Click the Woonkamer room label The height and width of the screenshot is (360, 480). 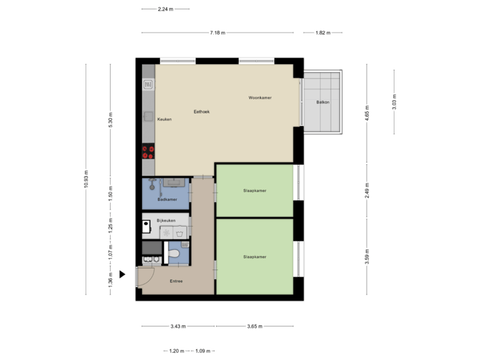coord(260,98)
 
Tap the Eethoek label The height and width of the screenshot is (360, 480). coord(201,112)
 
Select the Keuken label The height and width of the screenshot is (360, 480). coord(164,119)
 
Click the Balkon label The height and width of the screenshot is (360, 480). coord(323,102)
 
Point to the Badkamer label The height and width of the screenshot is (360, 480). coord(167,199)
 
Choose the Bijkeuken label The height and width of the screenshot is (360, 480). coord(165,220)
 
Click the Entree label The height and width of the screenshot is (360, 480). coord(175,281)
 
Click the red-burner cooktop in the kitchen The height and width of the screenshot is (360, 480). coord(148,152)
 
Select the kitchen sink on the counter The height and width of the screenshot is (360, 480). coord(148,85)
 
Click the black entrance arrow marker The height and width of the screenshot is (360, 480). coord(123,274)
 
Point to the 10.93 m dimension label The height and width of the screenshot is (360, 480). coord(86,179)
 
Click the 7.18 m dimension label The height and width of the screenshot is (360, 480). coord(217,33)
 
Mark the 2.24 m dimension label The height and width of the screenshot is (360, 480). coord(165,9)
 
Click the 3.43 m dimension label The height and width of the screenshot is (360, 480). coord(178,327)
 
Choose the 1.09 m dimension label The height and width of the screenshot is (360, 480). coord(202,351)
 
